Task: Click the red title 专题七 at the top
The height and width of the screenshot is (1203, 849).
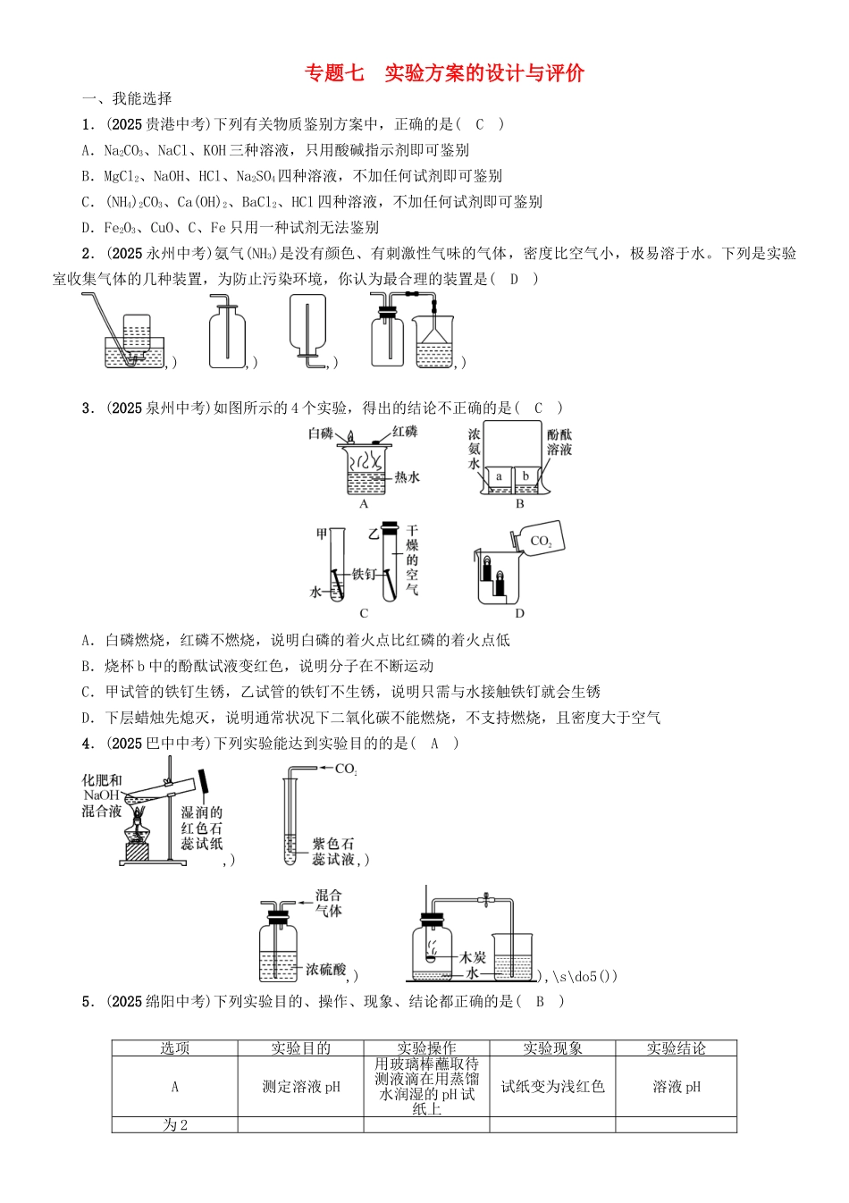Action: click(335, 73)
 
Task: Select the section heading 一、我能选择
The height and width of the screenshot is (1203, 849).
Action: click(127, 99)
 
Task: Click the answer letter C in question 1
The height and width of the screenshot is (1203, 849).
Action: click(479, 125)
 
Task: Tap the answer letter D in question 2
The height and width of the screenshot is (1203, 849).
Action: click(514, 279)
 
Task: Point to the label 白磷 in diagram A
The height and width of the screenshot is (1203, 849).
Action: click(320, 433)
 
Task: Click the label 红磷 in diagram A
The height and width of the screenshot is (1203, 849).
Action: click(405, 433)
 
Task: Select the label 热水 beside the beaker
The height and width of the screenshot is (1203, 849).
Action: click(408, 477)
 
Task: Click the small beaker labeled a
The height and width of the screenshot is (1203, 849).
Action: click(499, 478)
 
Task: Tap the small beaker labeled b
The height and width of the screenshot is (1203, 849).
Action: click(526, 478)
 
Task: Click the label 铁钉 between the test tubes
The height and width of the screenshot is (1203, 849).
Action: click(364, 574)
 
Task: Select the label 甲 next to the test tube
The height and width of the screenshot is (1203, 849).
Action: click(322, 534)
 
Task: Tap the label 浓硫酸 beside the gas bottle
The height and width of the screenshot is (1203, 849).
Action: click(325, 969)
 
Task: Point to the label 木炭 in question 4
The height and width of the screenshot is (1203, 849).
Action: click(473, 957)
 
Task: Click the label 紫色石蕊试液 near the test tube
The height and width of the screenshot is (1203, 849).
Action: click(333, 851)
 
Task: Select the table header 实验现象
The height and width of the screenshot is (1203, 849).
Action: click(552, 1048)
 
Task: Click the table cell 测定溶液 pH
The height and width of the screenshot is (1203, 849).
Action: click(300, 1087)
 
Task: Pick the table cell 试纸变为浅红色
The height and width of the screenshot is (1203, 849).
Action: click(552, 1087)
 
